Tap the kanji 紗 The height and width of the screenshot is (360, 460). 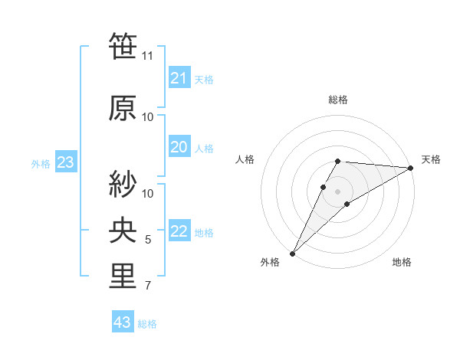point(123,183)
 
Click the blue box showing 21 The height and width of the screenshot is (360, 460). point(179,77)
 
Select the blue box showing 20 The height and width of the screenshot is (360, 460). point(179,147)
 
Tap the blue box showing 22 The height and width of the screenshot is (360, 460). point(179,231)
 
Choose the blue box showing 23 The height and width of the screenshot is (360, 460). point(65,162)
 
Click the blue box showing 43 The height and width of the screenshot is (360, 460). point(122,322)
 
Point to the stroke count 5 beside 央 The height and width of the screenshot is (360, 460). point(148,240)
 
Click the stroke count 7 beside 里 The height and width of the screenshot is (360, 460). point(148,286)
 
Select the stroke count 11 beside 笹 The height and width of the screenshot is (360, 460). point(148,55)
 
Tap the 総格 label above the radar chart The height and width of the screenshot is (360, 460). point(337,100)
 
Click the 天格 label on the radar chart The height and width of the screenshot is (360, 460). point(431,159)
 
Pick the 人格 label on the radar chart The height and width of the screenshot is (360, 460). point(245,159)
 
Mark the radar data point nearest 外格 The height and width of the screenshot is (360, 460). point(292,253)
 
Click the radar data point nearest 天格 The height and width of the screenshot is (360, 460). point(411,168)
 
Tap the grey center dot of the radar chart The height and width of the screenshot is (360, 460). point(337,191)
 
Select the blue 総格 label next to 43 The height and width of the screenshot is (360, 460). point(147,324)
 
